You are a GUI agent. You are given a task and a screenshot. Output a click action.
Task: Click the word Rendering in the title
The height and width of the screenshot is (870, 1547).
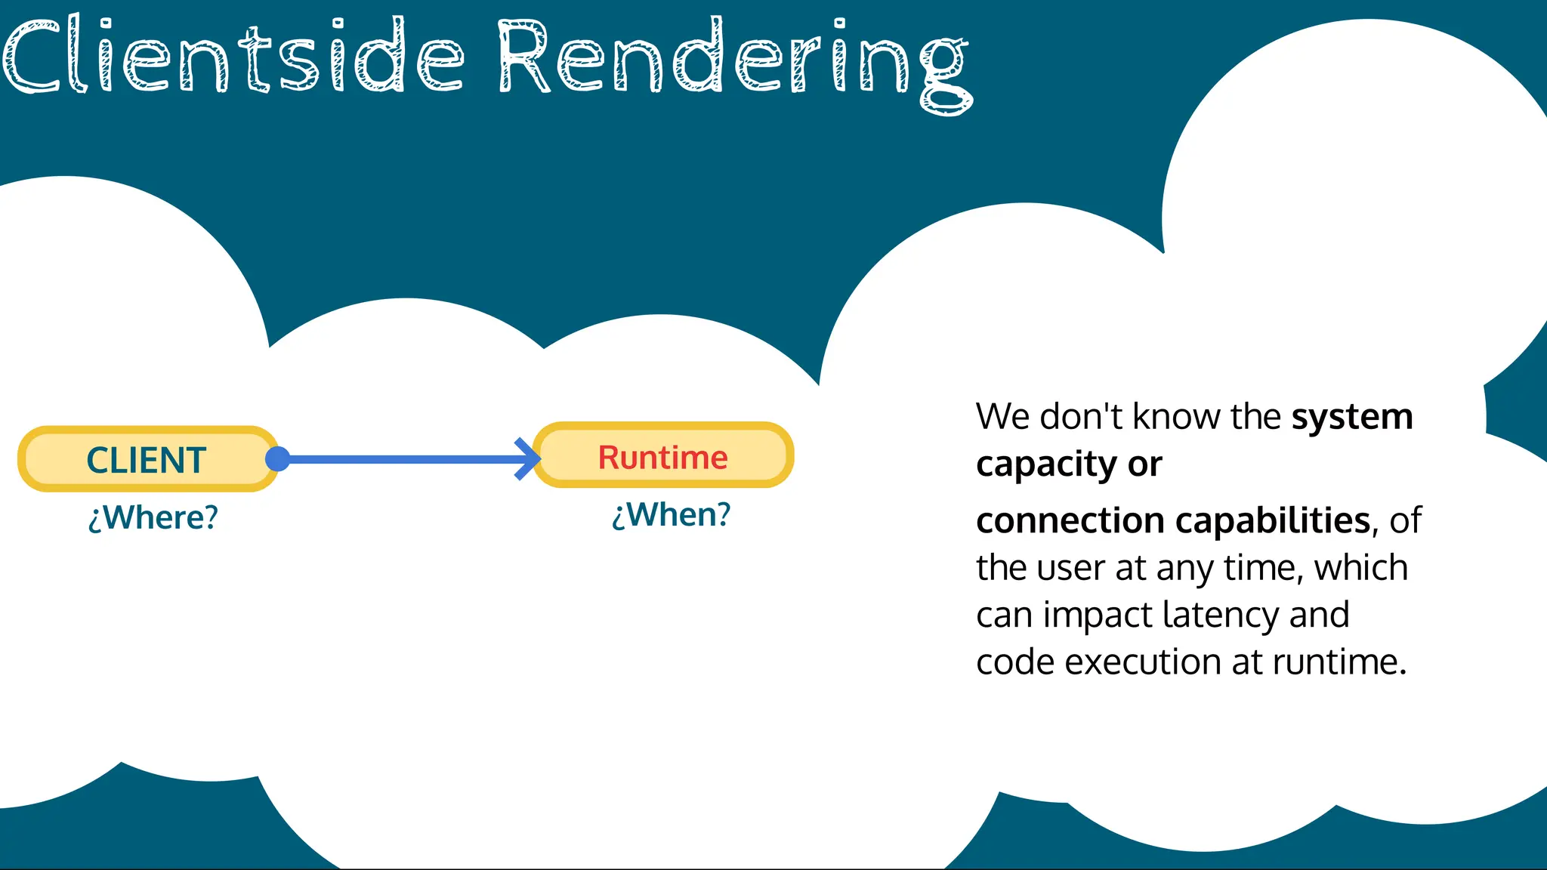pyautogui.click(x=733, y=60)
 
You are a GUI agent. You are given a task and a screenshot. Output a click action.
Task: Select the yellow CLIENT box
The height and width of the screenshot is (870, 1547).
pyautogui.click(x=147, y=459)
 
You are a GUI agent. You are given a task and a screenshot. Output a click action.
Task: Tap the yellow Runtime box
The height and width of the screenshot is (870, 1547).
pyautogui.click(x=663, y=456)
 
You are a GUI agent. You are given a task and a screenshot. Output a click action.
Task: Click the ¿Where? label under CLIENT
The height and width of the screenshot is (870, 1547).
pyautogui.click(x=153, y=518)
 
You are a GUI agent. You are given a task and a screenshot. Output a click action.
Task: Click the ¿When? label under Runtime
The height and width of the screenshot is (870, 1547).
pyautogui.click(x=671, y=515)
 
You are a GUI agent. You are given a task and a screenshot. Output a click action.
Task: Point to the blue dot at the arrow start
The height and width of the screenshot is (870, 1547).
pyautogui.click(x=278, y=458)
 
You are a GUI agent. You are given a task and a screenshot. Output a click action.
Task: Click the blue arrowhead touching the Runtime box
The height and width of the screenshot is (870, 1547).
pyautogui.click(x=527, y=458)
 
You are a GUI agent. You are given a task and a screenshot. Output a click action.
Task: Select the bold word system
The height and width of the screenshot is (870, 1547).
pyautogui.click(x=1351, y=417)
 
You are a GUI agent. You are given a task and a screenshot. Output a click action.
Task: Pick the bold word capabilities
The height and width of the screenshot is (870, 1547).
pyautogui.click(x=1272, y=521)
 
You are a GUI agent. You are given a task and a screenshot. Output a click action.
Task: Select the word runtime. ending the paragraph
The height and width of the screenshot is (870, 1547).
pyautogui.click(x=1339, y=662)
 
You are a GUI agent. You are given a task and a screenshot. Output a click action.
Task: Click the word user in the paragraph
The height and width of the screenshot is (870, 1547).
pyautogui.click(x=1070, y=568)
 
